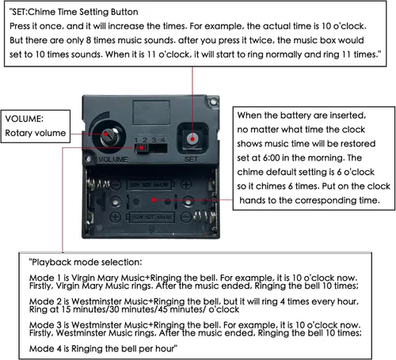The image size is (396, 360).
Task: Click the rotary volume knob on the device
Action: tap(109, 137)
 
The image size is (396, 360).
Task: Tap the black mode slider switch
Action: tap(141, 148)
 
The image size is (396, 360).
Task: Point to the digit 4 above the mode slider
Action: tap(163, 140)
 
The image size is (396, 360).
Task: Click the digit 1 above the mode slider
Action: tap(136, 140)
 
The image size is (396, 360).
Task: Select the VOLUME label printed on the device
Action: tap(113, 159)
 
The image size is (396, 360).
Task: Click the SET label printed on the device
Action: tap(192, 159)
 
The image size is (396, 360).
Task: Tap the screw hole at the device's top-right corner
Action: tap(213, 101)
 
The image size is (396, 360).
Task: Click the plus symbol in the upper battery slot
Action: tap(186, 184)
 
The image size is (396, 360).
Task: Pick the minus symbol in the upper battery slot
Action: tap(116, 184)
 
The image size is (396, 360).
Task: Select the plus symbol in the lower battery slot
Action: tap(115, 218)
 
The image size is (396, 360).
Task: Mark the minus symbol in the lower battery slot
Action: tap(186, 218)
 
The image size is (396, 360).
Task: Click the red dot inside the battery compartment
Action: tap(154, 200)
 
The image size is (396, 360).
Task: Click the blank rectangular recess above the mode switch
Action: tap(151, 112)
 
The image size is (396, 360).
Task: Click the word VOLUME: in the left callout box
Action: tap(24, 119)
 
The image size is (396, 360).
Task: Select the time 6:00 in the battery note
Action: tap(271, 157)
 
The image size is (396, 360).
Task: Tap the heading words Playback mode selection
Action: tap(86, 262)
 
